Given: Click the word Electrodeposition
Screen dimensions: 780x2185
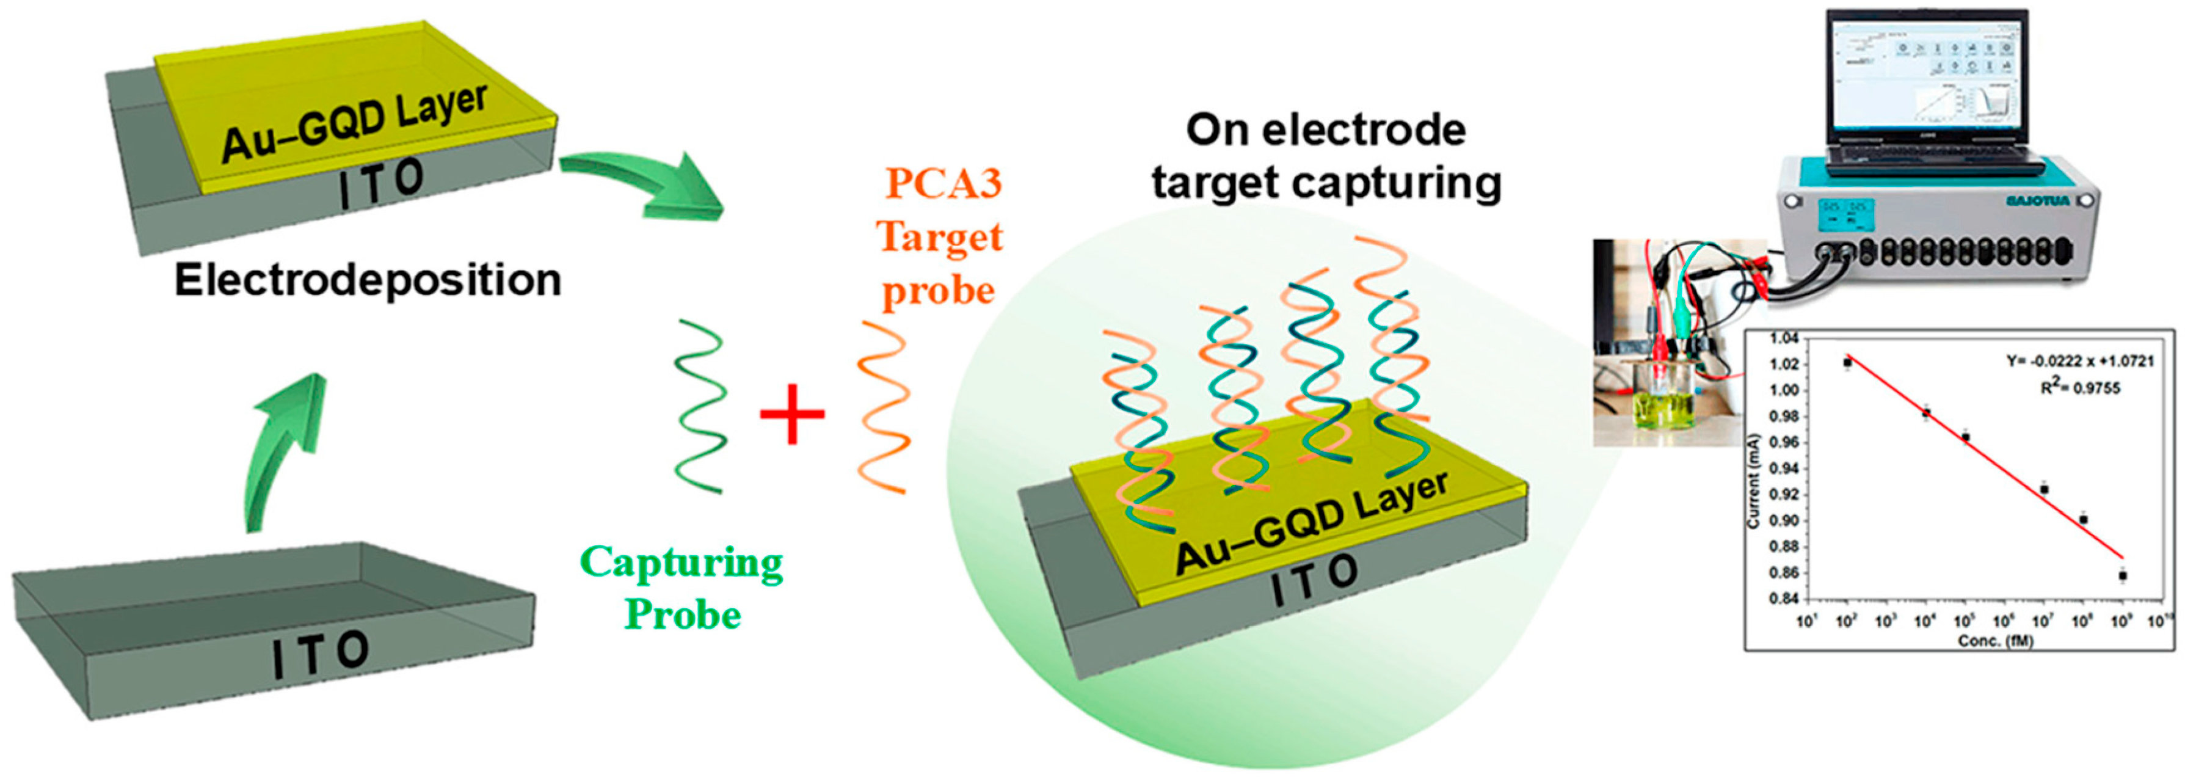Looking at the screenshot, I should pos(367,280).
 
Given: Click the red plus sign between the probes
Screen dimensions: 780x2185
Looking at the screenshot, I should pos(792,414).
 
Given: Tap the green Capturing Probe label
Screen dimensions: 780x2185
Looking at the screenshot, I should pos(681,588).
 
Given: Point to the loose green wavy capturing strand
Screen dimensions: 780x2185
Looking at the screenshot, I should pos(700,406).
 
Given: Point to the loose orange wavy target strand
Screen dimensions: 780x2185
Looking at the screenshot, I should pos(883,406).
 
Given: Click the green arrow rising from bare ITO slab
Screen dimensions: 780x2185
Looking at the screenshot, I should pos(284,450).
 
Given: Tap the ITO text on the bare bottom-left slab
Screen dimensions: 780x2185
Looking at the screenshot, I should pos(321,654).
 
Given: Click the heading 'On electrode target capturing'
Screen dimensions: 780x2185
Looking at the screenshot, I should pos(1326,157).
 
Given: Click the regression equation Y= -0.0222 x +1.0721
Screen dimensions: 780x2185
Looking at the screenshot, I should pos(2080,362).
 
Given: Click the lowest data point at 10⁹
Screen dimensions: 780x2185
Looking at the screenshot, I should pos(2122,575).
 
